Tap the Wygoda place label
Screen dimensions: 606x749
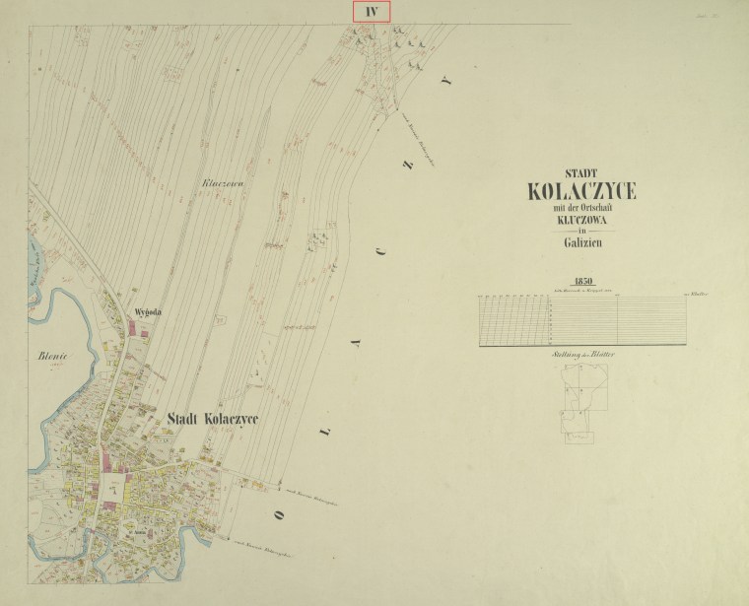pos(147,314)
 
